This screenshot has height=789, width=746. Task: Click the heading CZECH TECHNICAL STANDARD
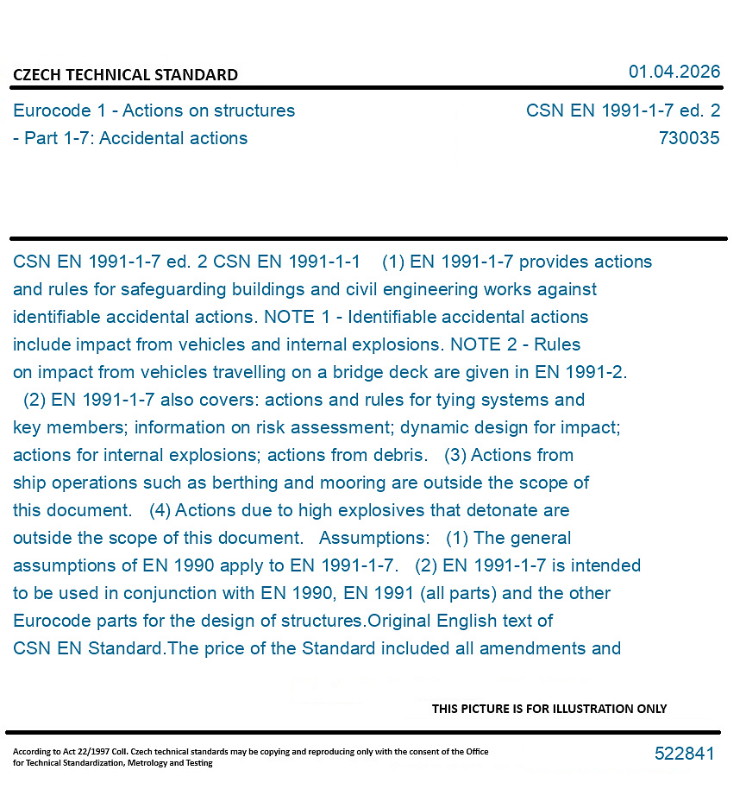pyautogui.click(x=125, y=75)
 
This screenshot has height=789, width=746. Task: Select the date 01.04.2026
pyautogui.click(x=674, y=72)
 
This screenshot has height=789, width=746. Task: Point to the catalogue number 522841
pyautogui.click(x=684, y=754)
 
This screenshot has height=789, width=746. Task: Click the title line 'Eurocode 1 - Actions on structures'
pyautogui.click(x=154, y=110)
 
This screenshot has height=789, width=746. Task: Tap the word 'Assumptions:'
pyautogui.click(x=373, y=538)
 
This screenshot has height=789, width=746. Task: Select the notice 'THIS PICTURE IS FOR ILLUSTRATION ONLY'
pyautogui.click(x=549, y=709)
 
